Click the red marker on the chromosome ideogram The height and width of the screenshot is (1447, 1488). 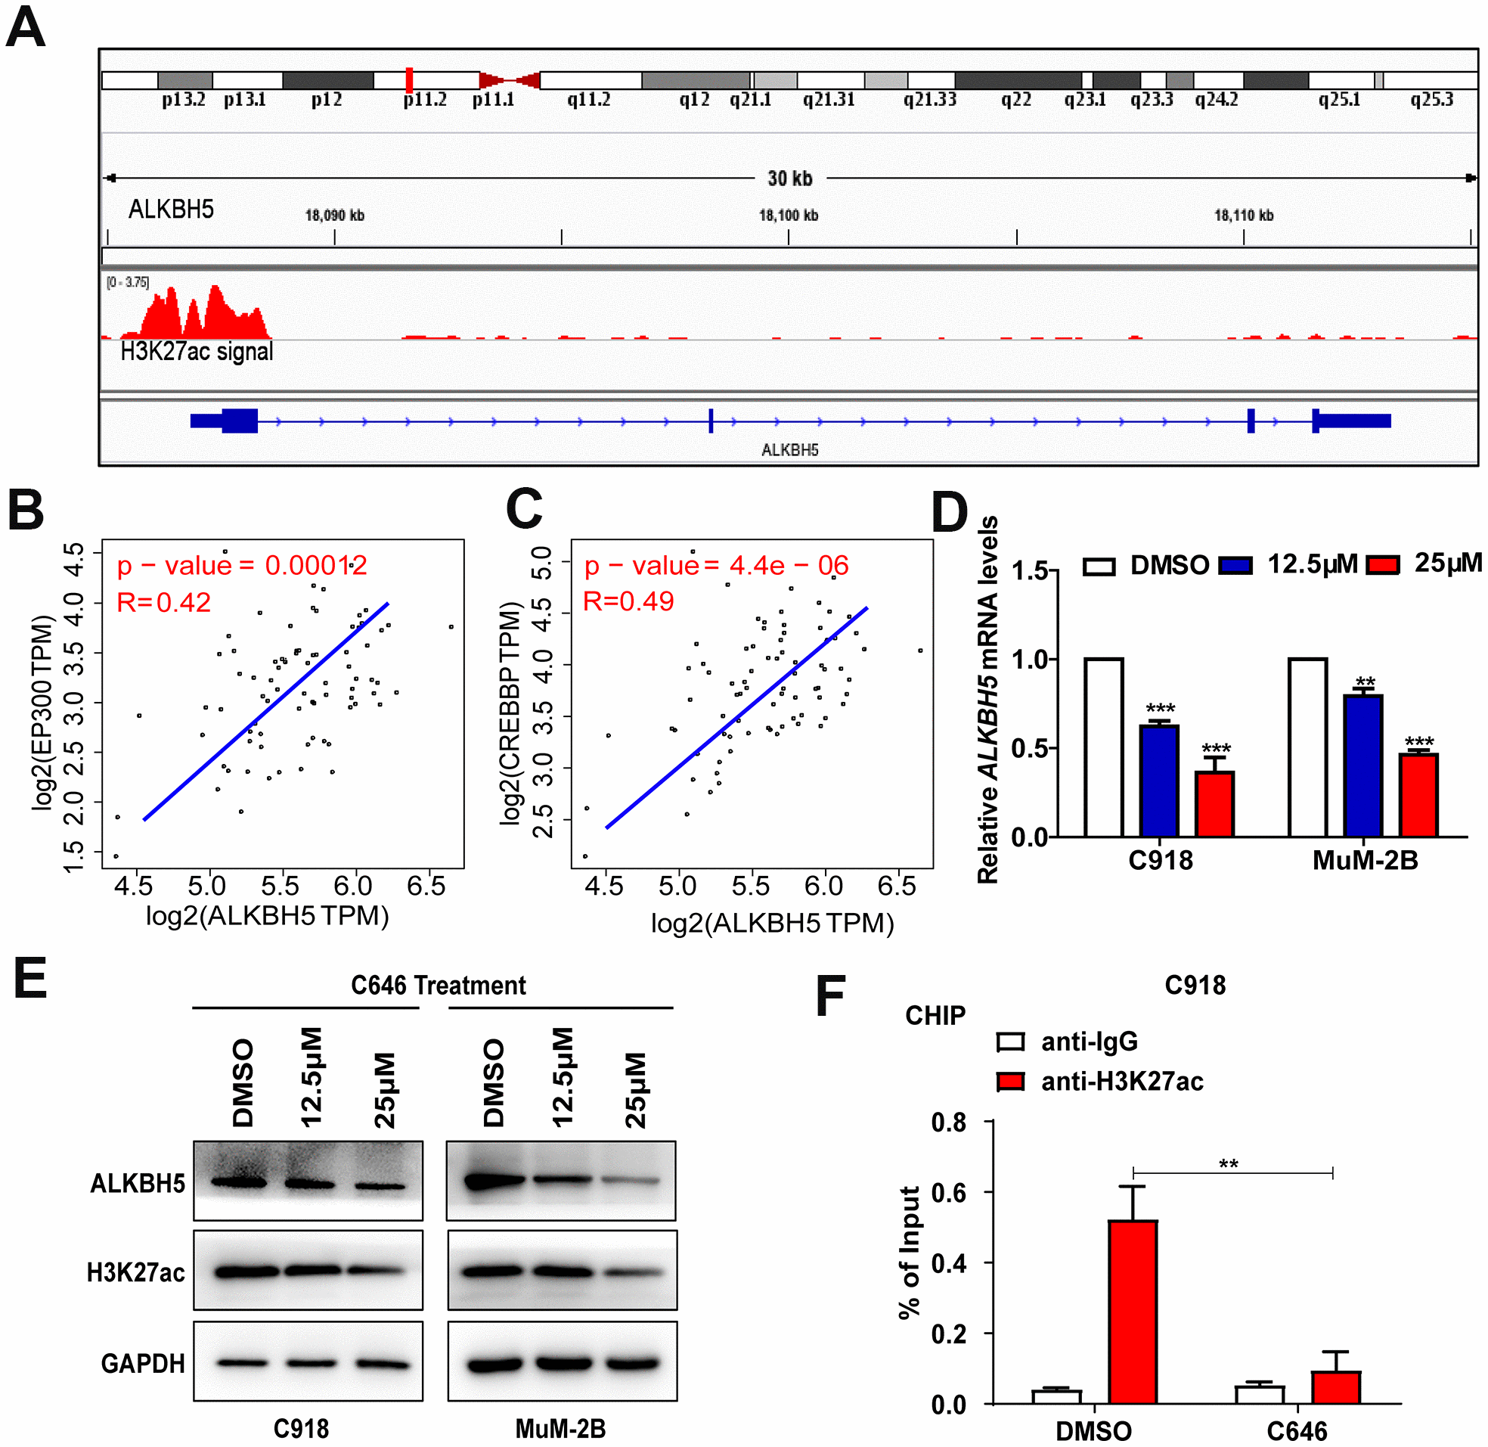(x=409, y=79)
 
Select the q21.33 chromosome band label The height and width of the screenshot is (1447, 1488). (x=930, y=100)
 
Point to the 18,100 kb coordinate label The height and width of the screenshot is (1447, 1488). (x=789, y=215)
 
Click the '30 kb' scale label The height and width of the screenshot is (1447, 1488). (x=790, y=179)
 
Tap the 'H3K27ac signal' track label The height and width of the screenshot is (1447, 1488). (x=197, y=351)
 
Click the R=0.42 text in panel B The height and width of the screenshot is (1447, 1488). (x=163, y=603)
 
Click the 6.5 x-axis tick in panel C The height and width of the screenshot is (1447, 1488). (x=897, y=887)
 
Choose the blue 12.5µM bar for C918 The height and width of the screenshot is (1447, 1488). (x=1160, y=781)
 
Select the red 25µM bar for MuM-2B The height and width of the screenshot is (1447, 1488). (x=1419, y=795)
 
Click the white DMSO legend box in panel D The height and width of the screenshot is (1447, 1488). (x=1099, y=567)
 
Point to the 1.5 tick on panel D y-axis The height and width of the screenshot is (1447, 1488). (x=1030, y=571)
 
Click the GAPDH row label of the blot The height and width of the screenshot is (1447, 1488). (x=143, y=1364)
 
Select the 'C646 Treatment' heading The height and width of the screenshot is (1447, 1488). (x=439, y=986)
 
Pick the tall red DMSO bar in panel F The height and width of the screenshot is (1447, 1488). (x=1133, y=1312)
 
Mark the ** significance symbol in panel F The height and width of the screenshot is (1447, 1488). (x=1228, y=1164)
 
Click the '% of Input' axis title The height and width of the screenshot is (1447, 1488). (x=909, y=1253)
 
